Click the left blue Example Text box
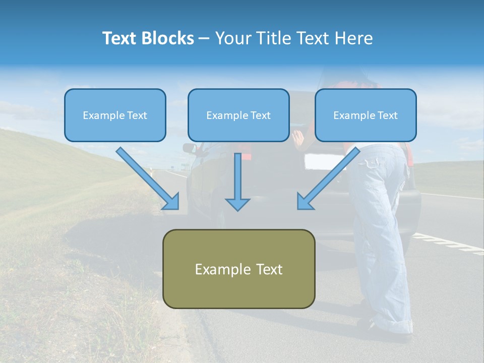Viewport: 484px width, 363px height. (115, 115)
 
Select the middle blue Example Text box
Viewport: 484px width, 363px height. (238, 115)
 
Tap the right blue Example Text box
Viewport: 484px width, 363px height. (366, 115)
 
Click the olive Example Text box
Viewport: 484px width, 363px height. (238, 269)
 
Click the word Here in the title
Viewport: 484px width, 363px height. (353, 38)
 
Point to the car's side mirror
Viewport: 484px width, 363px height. (190, 148)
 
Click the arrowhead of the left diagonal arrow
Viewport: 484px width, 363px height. (172, 202)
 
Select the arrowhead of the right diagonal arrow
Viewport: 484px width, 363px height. (304, 202)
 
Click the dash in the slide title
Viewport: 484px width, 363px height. (204, 38)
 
